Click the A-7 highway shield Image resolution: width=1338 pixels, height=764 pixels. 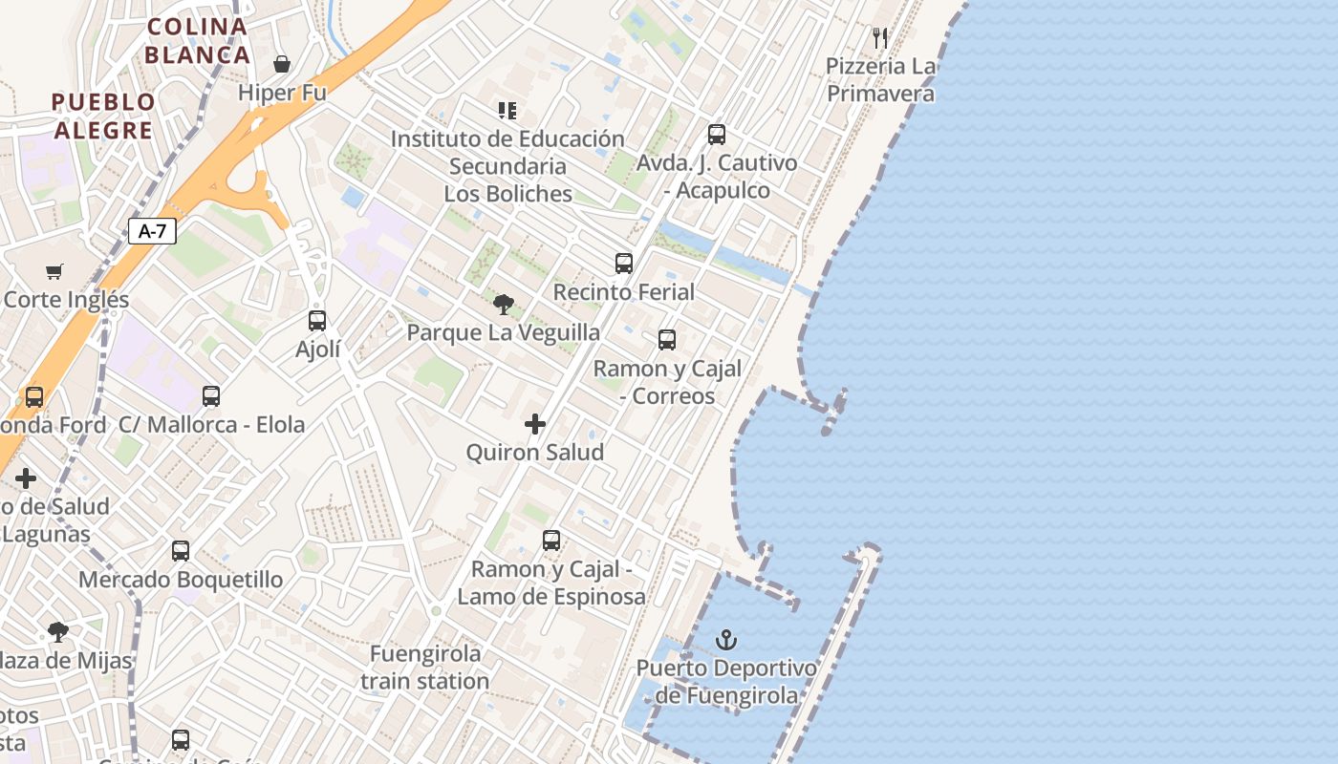(153, 230)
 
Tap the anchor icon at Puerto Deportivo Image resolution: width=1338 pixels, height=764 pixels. (727, 639)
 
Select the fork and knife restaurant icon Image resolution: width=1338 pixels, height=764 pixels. (880, 38)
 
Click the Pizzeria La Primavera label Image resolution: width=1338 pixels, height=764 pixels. (880, 80)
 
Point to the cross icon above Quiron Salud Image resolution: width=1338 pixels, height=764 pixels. (535, 424)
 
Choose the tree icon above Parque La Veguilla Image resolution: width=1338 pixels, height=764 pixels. (504, 305)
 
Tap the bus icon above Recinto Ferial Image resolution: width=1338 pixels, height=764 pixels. (624, 264)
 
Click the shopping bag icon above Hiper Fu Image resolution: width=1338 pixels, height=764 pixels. (282, 64)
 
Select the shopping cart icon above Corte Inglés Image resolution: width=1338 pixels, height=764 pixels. (54, 272)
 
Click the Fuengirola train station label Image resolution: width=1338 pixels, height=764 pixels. (425, 668)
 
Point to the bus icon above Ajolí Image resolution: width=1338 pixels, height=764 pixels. (317, 321)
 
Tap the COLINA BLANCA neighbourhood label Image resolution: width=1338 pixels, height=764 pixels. (198, 40)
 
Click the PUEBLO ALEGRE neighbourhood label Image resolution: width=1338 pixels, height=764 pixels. (103, 116)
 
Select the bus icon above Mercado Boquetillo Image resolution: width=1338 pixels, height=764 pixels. (181, 551)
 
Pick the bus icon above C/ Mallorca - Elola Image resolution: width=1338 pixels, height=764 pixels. (211, 395)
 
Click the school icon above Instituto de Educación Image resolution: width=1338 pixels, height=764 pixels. (507, 111)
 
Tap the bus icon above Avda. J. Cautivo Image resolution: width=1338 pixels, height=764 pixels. (717, 135)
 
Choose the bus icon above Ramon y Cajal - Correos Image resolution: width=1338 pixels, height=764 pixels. (667, 340)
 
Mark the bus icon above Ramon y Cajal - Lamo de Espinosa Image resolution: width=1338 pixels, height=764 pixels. (551, 541)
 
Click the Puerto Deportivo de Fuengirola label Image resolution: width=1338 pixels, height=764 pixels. (727, 682)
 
